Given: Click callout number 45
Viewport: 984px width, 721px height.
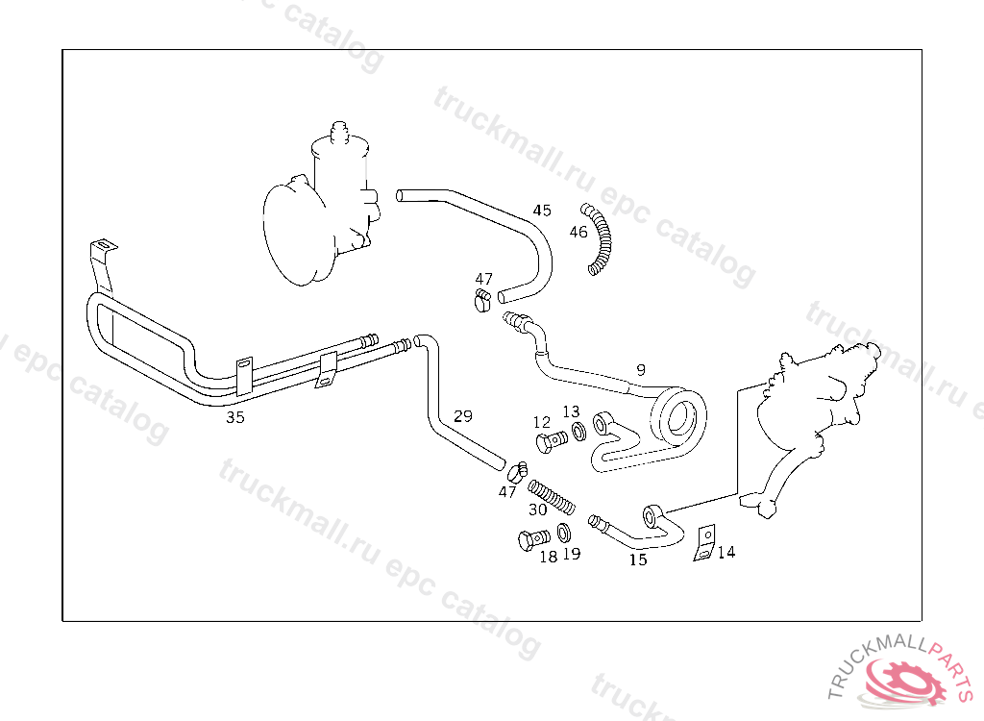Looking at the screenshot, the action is [x=542, y=211].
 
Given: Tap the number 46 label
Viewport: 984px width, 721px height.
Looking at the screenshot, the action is [x=578, y=232].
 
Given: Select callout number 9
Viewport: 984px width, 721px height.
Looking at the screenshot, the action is [x=641, y=369].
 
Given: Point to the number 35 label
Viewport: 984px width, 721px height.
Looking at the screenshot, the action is [x=235, y=417].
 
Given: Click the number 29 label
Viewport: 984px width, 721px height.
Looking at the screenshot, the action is [x=463, y=416].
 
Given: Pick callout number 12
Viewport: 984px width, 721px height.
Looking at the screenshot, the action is [x=542, y=422].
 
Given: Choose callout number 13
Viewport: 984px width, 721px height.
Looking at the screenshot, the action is [x=571, y=411].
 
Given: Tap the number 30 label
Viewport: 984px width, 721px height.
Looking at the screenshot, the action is [x=537, y=509].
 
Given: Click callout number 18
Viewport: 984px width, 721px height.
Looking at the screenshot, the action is [x=548, y=556].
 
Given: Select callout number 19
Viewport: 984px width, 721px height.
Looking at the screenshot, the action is [x=571, y=554].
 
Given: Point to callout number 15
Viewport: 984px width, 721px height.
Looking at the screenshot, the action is [x=638, y=559].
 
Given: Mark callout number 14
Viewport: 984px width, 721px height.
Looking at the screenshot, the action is [x=726, y=552].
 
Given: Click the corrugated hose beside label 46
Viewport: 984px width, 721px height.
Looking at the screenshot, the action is [x=601, y=239].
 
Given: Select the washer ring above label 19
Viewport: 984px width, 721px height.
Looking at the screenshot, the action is [x=564, y=532].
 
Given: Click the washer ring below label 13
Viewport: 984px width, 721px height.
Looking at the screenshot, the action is [x=579, y=432].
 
